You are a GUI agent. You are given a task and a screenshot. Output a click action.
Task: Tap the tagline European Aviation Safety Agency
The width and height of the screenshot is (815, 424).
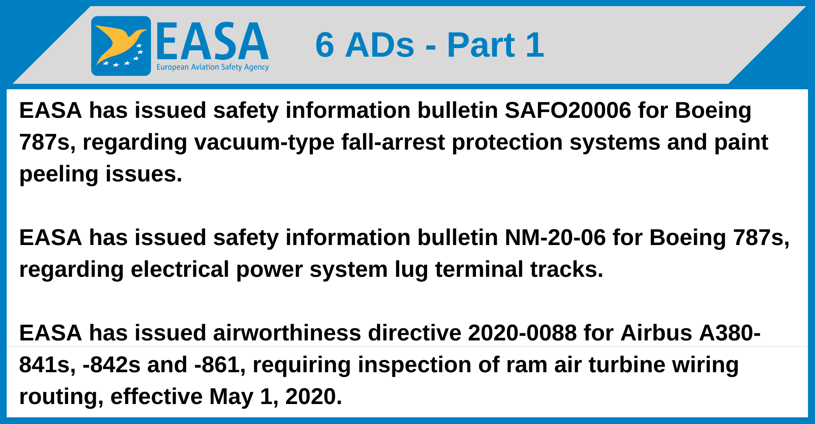point(213,67)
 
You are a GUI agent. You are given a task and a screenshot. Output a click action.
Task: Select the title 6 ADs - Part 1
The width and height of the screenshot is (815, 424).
point(430,45)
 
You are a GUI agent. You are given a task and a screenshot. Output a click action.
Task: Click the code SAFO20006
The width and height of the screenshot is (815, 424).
point(568,110)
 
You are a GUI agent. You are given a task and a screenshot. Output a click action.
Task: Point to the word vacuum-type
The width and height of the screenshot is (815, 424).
point(264,143)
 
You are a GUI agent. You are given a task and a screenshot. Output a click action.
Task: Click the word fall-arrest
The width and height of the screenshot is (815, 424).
point(393,142)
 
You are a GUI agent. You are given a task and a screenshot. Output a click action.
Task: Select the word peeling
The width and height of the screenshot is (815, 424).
point(59,174)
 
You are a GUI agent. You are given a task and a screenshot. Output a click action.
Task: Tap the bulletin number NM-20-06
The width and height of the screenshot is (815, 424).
point(555,238)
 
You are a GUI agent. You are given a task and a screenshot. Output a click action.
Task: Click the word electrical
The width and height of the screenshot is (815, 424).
point(180,269)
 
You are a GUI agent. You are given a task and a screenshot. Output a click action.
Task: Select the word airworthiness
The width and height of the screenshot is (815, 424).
point(287,333)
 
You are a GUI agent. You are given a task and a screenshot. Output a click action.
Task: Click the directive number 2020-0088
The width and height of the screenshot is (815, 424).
point(522,333)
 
